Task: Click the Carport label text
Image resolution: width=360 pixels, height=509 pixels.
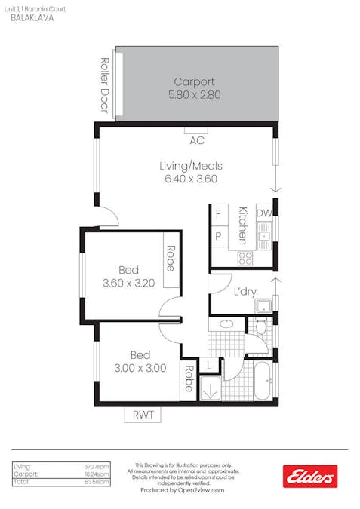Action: pos(194,81)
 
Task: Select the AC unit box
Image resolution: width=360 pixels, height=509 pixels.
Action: pos(197,140)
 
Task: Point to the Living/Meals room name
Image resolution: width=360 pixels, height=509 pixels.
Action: pos(190,166)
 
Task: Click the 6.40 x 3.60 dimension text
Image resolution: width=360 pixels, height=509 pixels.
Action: pos(190,179)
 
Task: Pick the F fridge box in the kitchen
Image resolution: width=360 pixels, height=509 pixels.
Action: pos(219,214)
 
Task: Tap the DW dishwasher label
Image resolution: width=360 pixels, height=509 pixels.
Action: pos(263,214)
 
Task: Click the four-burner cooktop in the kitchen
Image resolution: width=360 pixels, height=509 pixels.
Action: pos(245,257)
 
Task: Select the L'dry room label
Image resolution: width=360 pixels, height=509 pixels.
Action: pos(243,292)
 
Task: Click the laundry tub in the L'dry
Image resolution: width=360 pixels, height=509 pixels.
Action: pos(263,305)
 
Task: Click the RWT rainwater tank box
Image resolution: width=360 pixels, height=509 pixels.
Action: pos(143,415)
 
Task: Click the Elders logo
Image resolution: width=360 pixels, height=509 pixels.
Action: pos(309,475)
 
